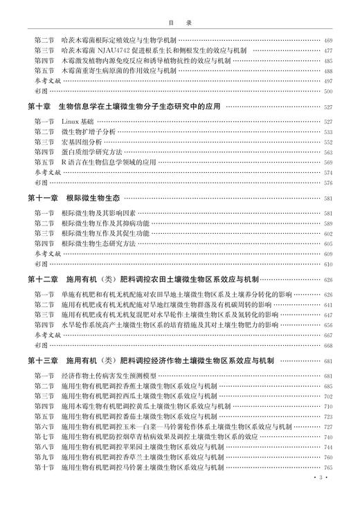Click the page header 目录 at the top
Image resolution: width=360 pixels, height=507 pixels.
[180, 22]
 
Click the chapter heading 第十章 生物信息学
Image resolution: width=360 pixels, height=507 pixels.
[125, 107]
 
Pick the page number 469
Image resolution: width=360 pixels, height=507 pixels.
[327, 41]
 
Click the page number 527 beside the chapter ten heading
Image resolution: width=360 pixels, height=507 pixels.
[327, 108]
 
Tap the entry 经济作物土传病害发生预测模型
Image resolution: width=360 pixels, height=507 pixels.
[107, 376]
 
